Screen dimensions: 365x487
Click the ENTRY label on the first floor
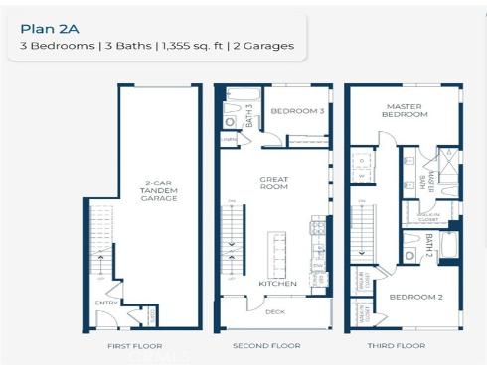click(105, 303)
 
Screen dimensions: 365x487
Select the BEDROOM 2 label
click(407, 296)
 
